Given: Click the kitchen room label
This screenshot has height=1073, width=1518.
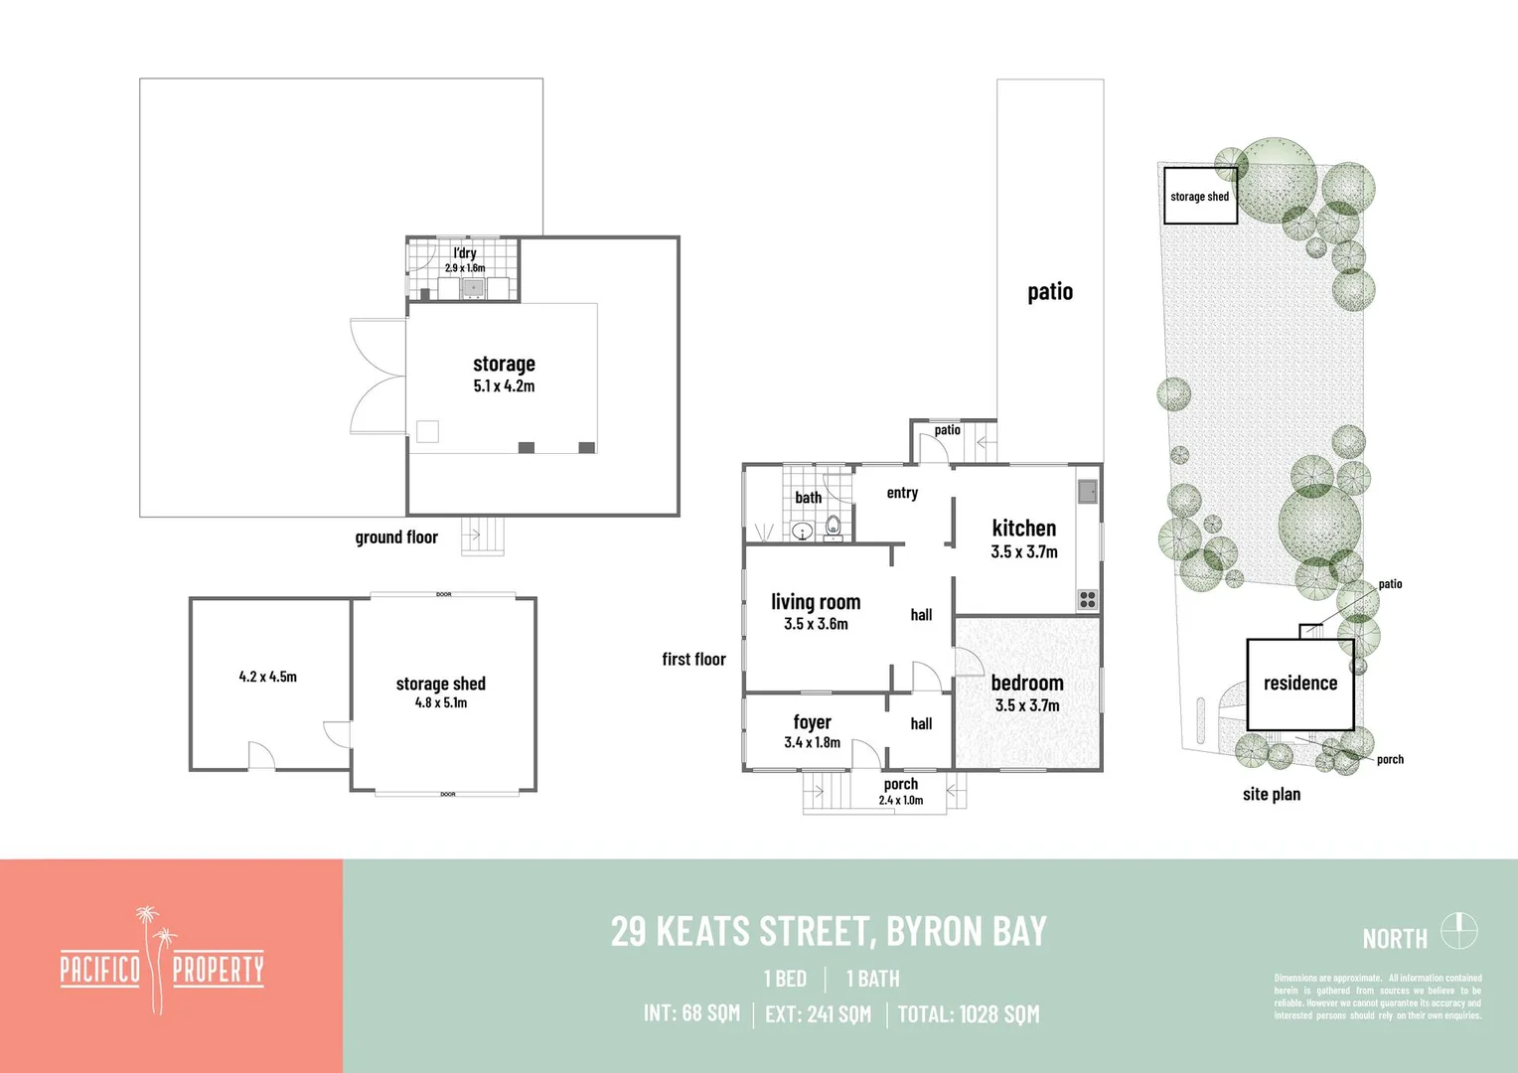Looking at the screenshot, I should point(1023,529).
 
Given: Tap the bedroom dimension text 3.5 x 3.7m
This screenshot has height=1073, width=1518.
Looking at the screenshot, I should point(1027,705).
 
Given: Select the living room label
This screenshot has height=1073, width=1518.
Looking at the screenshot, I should point(816,602).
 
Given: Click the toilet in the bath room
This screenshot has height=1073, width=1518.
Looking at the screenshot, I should point(833,526).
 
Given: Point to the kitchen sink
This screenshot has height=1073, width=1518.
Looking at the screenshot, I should point(1088,491).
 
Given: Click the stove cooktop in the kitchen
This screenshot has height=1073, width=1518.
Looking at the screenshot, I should point(1088,599).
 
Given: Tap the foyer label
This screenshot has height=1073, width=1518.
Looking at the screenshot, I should point(812,722).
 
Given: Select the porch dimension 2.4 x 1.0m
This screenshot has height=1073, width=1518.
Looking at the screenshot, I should point(900,801).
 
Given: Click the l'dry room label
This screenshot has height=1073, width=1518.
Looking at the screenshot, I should point(465,253).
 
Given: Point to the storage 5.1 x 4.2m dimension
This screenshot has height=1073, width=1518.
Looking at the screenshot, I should point(504,386).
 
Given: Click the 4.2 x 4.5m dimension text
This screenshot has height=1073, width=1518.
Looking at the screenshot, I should point(267,677).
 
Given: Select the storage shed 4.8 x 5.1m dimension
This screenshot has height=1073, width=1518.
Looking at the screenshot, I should point(441,702).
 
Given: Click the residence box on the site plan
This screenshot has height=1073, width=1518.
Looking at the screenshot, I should point(1299,684).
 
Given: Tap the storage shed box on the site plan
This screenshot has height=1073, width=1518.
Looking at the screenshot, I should point(1199,197).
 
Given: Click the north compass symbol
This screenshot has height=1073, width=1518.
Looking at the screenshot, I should point(1459,932).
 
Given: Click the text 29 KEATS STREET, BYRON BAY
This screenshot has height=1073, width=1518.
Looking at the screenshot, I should point(829,932).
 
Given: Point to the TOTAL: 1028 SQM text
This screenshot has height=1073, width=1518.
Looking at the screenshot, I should point(969,1014).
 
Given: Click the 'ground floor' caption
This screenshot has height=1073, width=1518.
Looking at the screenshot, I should point(396,537).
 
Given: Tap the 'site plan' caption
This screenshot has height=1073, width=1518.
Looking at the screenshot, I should point(1271,794).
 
